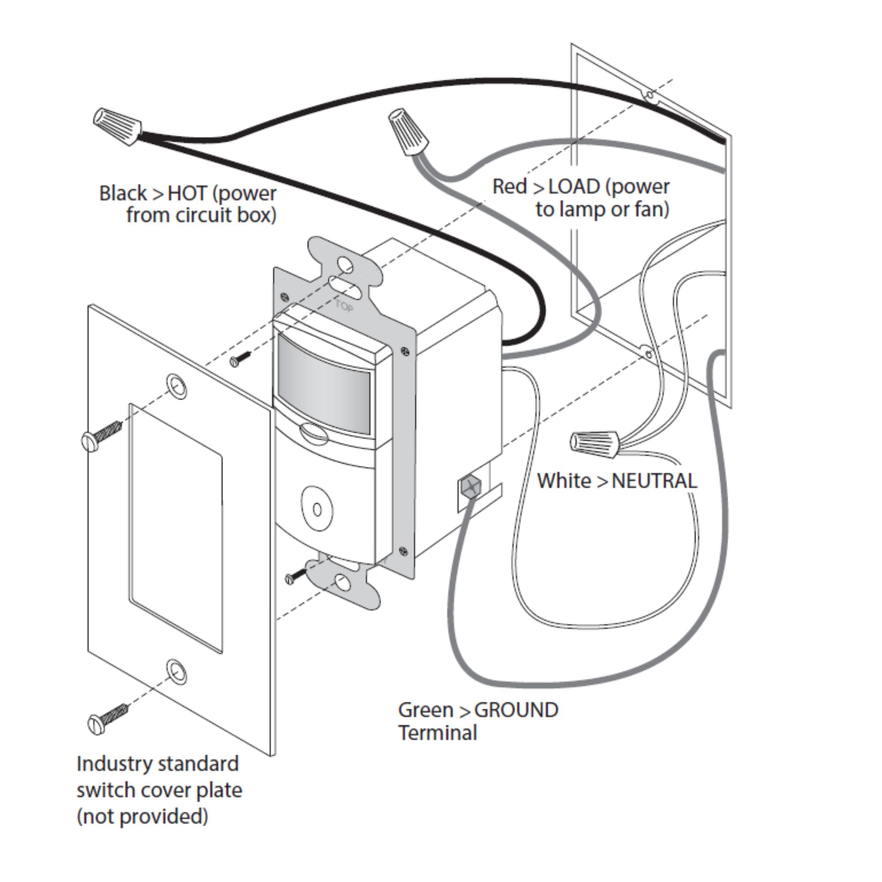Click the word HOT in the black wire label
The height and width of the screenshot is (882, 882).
[x=187, y=194]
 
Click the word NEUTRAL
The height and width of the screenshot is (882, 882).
[x=654, y=481]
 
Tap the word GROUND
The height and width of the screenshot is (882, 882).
[x=516, y=710]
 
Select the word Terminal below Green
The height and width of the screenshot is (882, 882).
[x=437, y=733]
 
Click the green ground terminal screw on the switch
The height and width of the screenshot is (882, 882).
[x=470, y=487]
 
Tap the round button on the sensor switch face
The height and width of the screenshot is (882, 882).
[x=317, y=508]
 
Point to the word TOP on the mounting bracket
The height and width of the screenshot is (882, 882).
[x=344, y=306]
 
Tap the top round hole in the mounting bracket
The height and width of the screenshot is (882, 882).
[x=346, y=264]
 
